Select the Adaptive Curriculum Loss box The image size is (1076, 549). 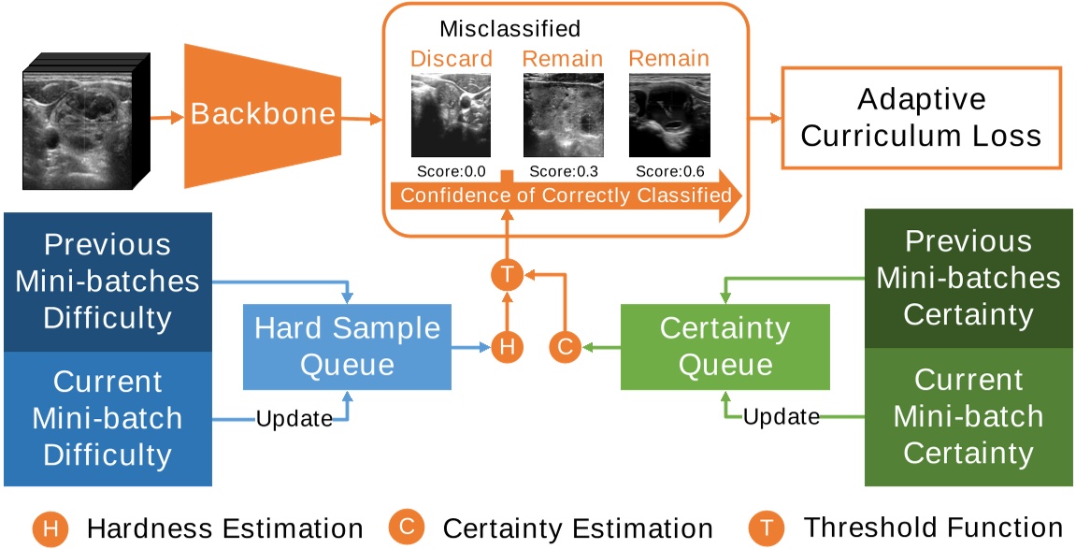point(921,118)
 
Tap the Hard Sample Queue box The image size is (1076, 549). point(347,346)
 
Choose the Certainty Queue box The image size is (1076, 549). point(725,346)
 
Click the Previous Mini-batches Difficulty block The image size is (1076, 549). point(108,282)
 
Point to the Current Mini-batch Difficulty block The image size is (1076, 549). point(108,418)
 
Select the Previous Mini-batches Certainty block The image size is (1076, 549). point(968,278)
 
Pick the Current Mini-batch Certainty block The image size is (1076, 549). point(968,416)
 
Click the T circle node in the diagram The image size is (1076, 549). point(506,275)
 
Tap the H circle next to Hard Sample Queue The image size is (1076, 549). point(506,347)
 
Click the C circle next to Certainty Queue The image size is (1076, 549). point(565,347)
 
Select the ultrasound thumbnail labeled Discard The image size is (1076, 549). point(451,115)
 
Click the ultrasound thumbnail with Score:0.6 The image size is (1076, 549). point(668,115)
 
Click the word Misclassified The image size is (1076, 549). point(509,28)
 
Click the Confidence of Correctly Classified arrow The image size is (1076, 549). point(566,196)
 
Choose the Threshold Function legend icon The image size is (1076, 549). point(767,528)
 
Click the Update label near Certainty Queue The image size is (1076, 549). point(782,416)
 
